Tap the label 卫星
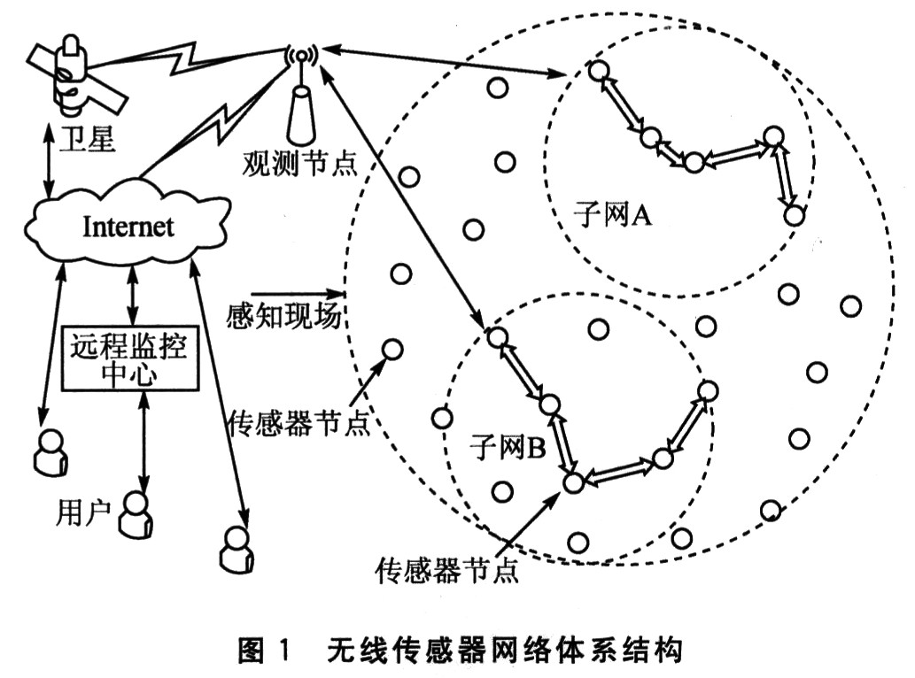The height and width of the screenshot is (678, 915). pyautogui.click(x=87, y=139)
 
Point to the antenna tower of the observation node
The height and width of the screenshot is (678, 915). pyautogui.click(x=301, y=96)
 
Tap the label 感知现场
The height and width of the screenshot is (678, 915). pyautogui.click(x=284, y=317)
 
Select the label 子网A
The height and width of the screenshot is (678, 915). pyautogui.click(x=612, y=215)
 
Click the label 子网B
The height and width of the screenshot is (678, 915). pyautogui.click(x=508, y=447)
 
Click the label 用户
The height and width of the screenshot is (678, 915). pyautogui.click(x=83, y=513)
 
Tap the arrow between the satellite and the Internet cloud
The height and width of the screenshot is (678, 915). pyautogui.click(x=49, y=161)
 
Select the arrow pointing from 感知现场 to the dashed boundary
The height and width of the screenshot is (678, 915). pyautogui.click(x=297, y=293)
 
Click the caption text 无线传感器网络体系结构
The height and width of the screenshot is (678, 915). pyautogui.click(x=504, y=650)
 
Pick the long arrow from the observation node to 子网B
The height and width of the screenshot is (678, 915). pyautogui.click(x=402, y=197)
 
